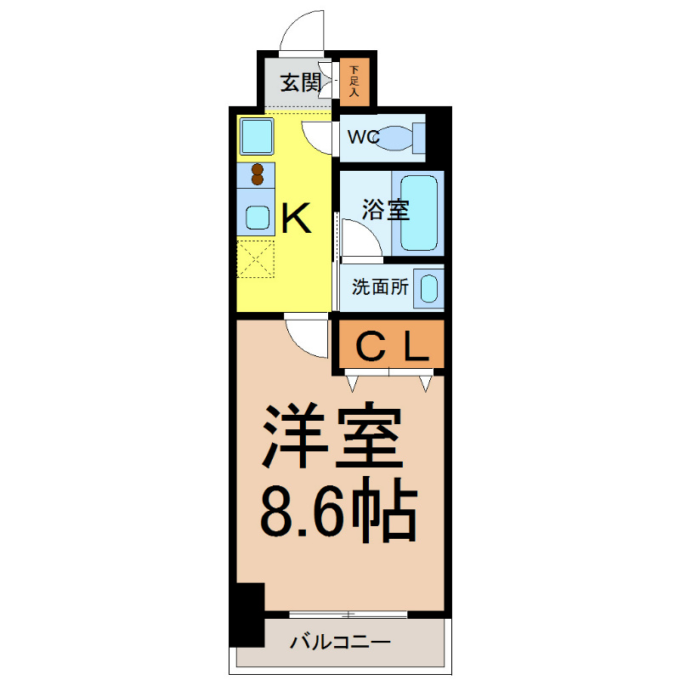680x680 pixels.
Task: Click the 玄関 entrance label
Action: click(300, 83)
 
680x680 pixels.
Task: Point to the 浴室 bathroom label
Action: click(385, 210)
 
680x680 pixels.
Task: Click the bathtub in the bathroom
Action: click(417, 212)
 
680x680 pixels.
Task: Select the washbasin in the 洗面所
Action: click(429, 287)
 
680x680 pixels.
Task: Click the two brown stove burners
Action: click(258, 174)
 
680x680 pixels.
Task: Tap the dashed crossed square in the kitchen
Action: click(257, 259)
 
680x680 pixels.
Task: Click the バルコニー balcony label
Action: click(339, 642)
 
